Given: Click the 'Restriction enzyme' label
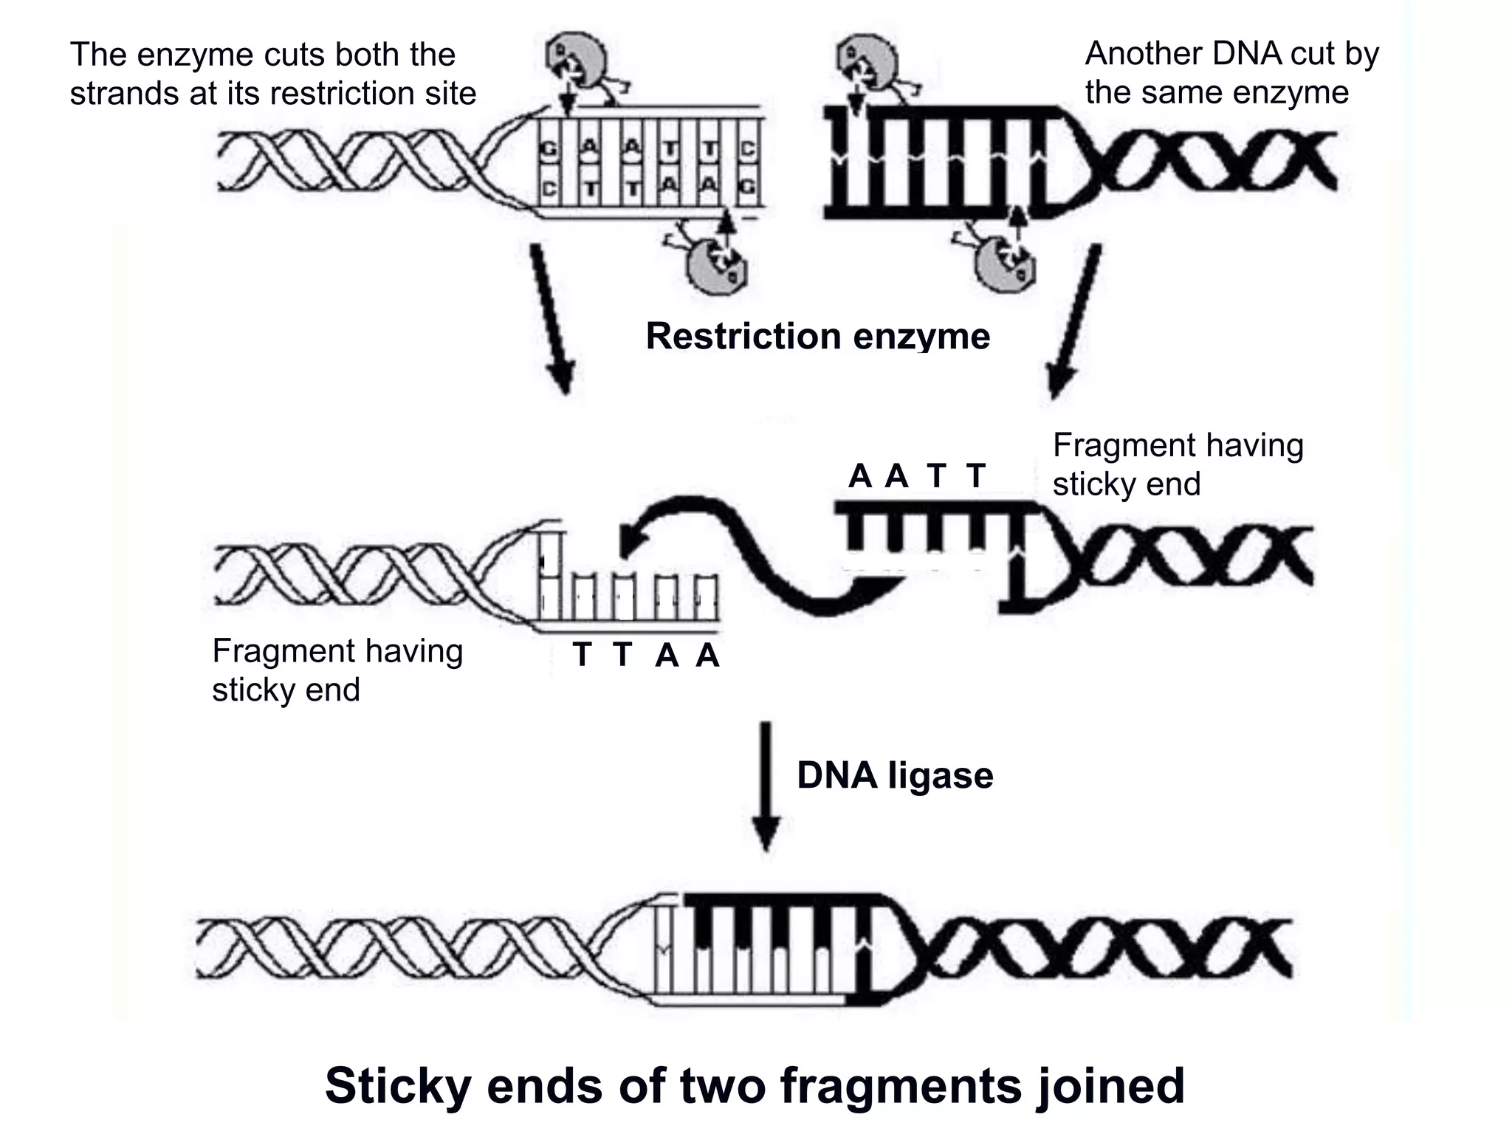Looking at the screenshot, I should click(817, 337).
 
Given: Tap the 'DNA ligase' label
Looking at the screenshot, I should click(895, 776).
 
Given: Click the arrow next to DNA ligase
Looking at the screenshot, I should click(766, 786).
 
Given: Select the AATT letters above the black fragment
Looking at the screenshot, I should click(917, 476).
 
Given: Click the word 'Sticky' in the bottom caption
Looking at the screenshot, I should click(397, 1086).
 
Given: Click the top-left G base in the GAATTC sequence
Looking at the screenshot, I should click(549, 149).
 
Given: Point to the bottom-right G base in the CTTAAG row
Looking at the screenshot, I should click(748, 188).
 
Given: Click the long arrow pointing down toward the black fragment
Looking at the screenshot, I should click(1074, 322).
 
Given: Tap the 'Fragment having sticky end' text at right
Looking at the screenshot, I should click(1177, 464).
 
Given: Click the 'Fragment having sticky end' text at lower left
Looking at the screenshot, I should click(337, 670).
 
